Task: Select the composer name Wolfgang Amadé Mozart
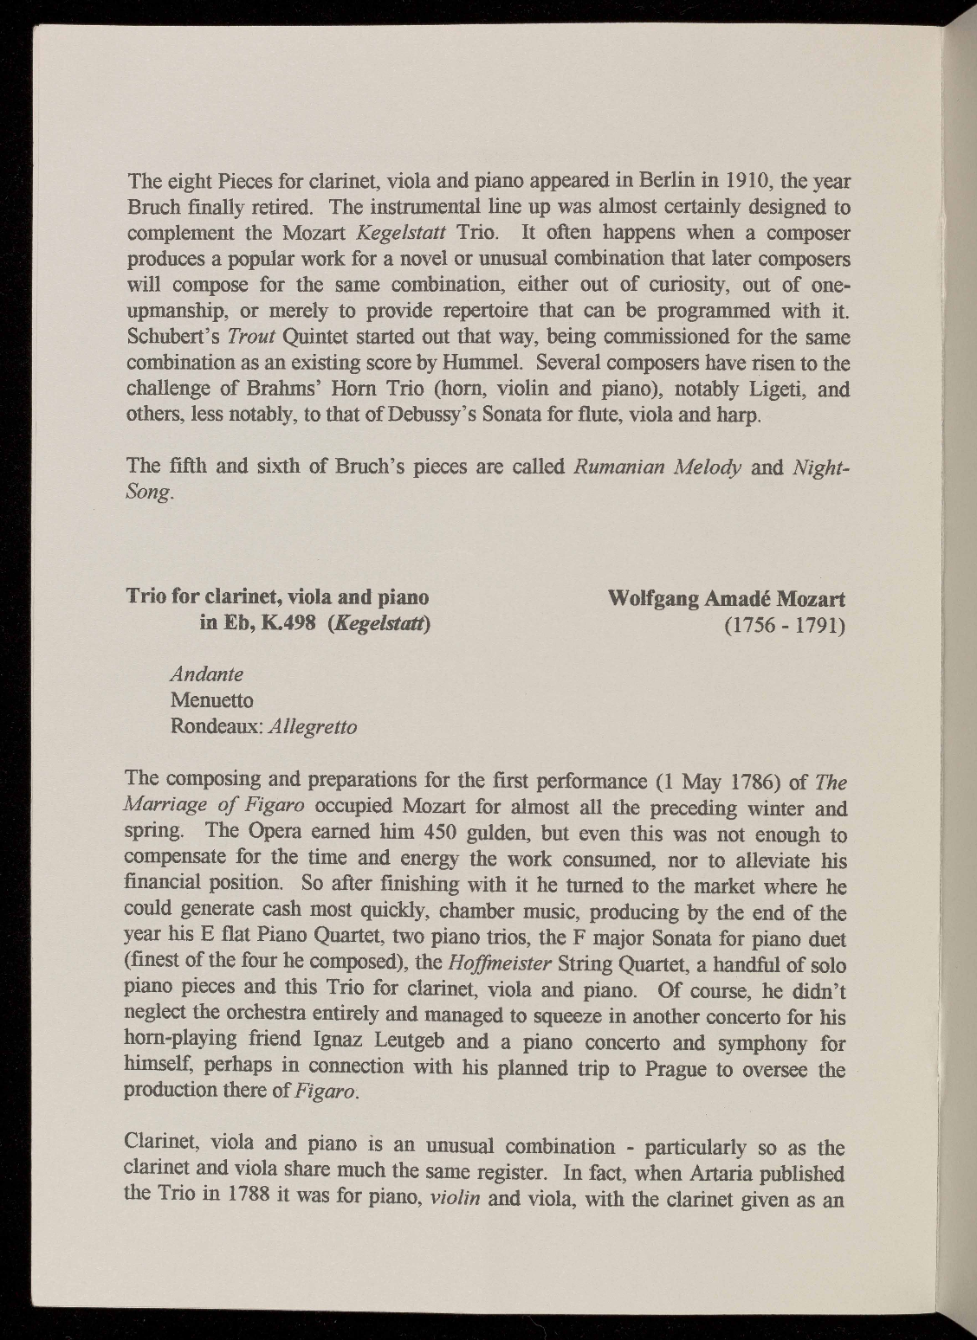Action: [728, 598]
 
